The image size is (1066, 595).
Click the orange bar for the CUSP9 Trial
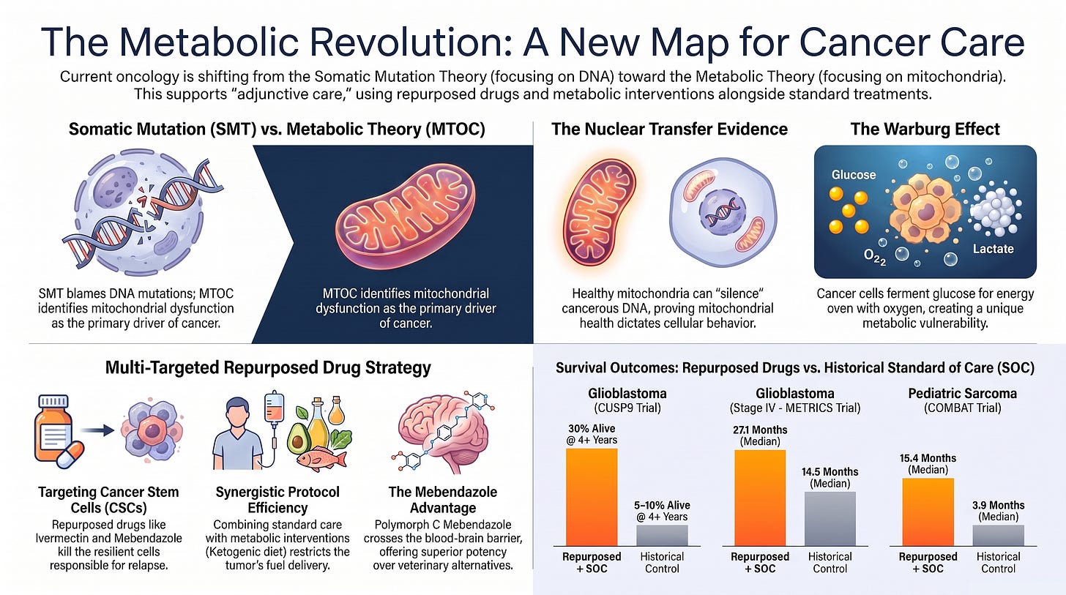pos(592,497)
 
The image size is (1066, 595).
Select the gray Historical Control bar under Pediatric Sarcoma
pos(998,536)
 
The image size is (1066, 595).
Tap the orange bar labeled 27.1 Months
pos(760,498)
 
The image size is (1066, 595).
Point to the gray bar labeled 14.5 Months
pos(830,519)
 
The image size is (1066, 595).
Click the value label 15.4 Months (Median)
pos(928,464)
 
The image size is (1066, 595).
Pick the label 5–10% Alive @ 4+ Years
pos(662,511)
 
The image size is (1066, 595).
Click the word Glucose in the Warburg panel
pos(853,175)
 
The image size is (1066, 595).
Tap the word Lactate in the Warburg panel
pos(993,249)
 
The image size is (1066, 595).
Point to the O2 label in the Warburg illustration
pos(875,258)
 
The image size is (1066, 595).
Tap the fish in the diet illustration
pos(321,458)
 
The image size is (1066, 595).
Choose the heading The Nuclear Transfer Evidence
pos(670,130)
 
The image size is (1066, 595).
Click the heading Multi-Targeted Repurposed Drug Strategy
pos(268,367)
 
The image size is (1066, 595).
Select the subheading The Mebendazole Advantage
pos(442,499)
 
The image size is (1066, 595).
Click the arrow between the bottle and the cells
pos(97,431)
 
